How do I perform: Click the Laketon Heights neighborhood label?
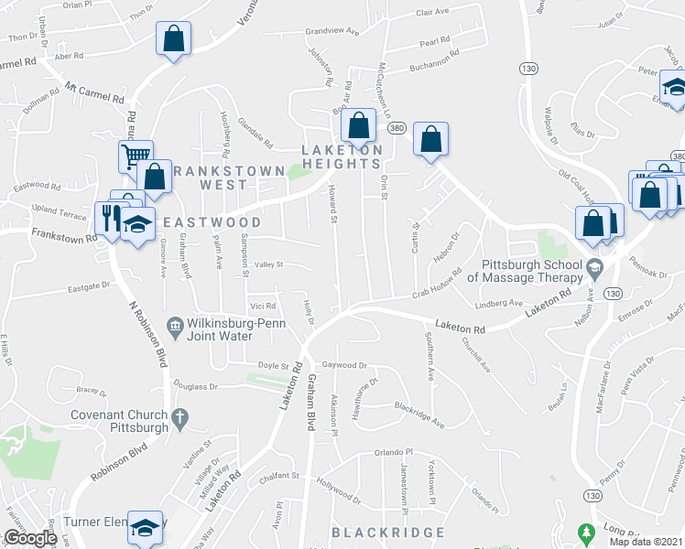coord(342,156)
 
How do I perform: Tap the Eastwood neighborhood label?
coord(212,222)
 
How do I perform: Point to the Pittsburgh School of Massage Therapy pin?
coord(595,271)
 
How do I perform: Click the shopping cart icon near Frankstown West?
coord(135,156)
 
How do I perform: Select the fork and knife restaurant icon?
coord(110,218)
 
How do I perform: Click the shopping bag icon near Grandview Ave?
coord(172,39)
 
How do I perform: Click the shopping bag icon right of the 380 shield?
coord(430,139)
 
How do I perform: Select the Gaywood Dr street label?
coord(343,364)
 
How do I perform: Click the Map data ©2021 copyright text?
coord(645,542)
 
